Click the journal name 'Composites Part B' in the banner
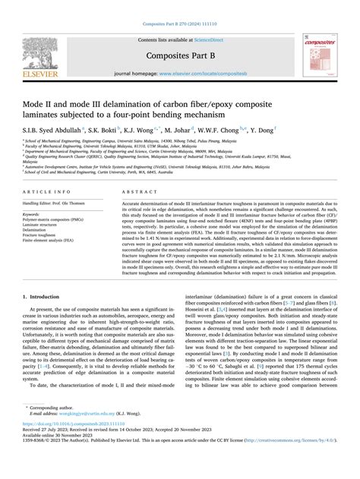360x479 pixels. [x=180, y=43]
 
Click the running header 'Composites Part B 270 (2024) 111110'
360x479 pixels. [x=180, y=6]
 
